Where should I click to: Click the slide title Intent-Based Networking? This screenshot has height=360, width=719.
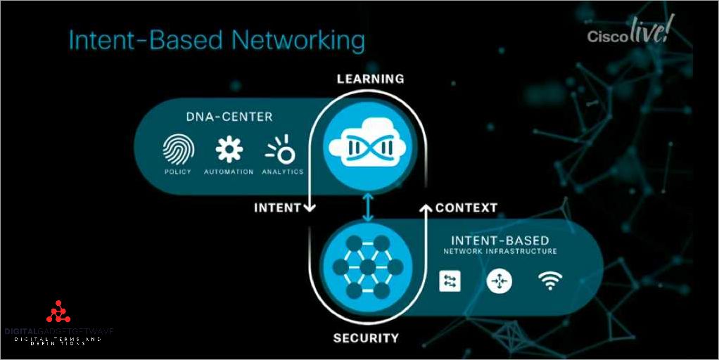pyautogui.click(x=216, y=40)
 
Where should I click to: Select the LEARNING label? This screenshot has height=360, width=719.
pyautogui.click(x=370, y=79)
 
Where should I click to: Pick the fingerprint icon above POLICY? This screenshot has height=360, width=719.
pyautogui.click(x=177, y=150)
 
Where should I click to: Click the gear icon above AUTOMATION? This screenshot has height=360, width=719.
pyautogui.click(x=229, y=150)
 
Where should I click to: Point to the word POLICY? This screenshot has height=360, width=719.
pyautogui.click(x=177, y=172)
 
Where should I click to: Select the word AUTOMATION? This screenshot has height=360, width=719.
pyautogui.click(x=229, y=172)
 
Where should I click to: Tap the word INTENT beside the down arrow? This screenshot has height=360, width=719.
pyautogui.click(x=277, y=207)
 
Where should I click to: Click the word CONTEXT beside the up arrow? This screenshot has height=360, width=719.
pyautogui.click(x=466, y=207)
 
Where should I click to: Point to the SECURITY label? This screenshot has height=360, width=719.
pyautogui.click(x=366, y=338)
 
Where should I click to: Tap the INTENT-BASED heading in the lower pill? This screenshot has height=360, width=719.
pyautogui.click(x=500, y=240)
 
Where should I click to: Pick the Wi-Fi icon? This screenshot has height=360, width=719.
pyautogui.click(x=550, y=281)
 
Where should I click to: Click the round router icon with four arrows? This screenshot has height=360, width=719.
pyautogui.click(x=500, y=281)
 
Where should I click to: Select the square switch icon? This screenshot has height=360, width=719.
pyautogui.click(x=449, y=281)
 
